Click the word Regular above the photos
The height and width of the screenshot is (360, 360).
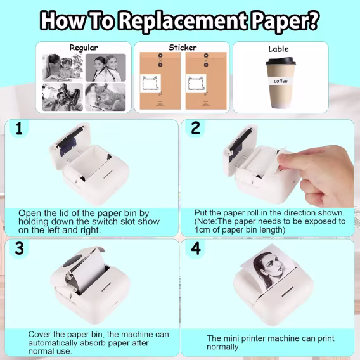click(84, 48)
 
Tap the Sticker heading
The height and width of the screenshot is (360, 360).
click(183, 48)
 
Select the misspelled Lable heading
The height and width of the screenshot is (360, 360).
click(278, 49)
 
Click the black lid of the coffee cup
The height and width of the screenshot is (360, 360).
click(281, 61)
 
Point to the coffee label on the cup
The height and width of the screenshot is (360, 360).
click(281, 81)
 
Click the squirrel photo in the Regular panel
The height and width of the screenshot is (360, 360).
click(105, 97)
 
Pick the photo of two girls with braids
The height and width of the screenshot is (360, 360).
click(106, 67)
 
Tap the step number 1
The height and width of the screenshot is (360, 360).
click(19, 128)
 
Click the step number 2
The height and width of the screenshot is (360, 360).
click(195, 128)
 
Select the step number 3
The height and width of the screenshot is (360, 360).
click(19, 248)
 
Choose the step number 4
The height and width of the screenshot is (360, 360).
click(196, 248)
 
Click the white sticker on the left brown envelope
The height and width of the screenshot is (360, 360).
click(150, 83)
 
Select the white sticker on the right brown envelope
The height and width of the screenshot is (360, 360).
click(196, 83)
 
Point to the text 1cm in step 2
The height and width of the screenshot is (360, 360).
click(203, 229)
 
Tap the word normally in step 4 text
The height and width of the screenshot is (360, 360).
click(223, 347)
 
